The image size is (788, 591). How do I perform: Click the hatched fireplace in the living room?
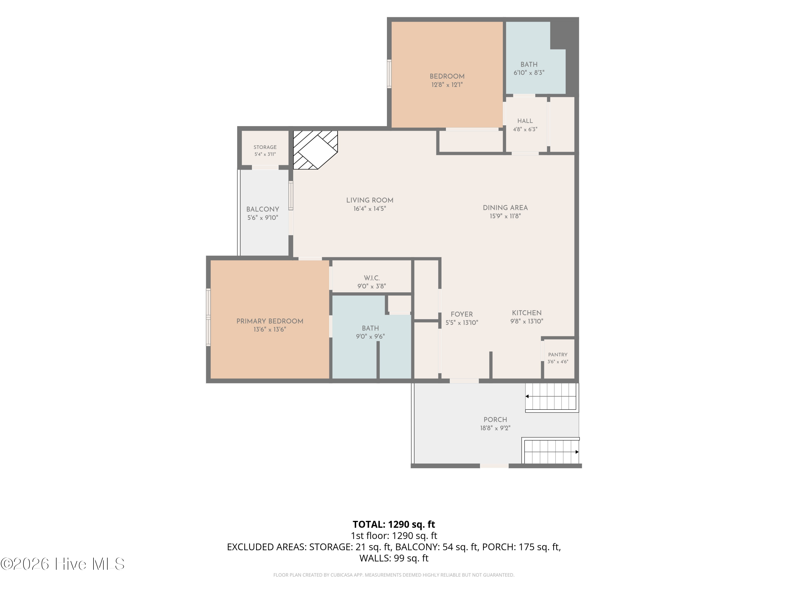(x=315, y=150)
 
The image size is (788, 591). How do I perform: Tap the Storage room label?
(x=265, y=147)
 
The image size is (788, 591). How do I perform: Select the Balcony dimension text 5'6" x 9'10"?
(x=263, y=218)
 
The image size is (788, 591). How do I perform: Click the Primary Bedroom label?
(x=270, y=321)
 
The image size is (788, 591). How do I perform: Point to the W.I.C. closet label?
(x=372, y=278)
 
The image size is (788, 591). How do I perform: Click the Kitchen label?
(x=527, y=313)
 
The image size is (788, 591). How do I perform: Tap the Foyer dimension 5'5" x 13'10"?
(x=462, y=323)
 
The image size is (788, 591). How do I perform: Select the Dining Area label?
(x=505, y=208)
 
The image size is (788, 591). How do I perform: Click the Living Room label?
(x=370, y=200)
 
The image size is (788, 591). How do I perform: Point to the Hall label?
(x=525, y=121)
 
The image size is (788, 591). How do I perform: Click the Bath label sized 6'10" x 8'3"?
(x=529, y=64)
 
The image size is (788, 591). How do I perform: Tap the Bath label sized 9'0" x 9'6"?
(x=370, y=328)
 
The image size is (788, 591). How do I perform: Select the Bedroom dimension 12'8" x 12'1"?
(x=447, y=85)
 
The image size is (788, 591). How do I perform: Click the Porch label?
(x=495, y=420)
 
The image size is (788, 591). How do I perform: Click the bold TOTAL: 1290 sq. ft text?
(x=394, y=524)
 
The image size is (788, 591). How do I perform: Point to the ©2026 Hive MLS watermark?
(x=63, y=564)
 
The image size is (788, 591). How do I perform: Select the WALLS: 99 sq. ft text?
(x=394, y=558)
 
